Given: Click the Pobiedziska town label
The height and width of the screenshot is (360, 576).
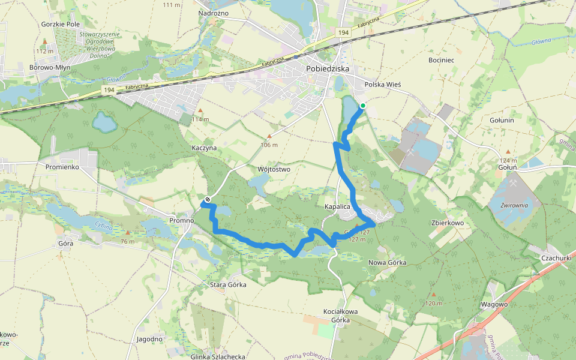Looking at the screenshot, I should [x=327, y=69].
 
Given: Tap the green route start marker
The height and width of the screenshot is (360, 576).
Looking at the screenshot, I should [x=362, y=106].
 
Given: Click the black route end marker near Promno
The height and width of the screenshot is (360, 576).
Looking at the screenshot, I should [x=208, y=199].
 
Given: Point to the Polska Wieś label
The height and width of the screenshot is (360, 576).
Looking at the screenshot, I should [x=382, y=85].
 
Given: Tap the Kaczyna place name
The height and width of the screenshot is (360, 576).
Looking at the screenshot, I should [x=204, y=148].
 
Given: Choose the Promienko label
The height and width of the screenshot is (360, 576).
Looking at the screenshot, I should [x=63, y=167].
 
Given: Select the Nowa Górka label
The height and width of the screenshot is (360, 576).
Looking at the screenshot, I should [x=387, y=263].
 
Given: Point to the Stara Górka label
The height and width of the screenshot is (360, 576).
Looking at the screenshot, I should [x=228, y=284].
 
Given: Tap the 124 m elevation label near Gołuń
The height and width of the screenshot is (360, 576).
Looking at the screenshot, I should [x=508, y=161].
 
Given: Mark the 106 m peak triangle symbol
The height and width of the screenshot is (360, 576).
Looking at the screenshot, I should [x=270, y=136].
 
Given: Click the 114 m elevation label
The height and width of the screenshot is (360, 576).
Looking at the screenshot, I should [x=200, y=119].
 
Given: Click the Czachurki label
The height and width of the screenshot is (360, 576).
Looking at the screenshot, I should [x=556, y=257].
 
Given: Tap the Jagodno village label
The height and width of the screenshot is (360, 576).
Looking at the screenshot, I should [x=149, y=339].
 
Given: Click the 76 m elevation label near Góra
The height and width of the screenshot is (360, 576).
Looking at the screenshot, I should [x=127, y=242].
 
